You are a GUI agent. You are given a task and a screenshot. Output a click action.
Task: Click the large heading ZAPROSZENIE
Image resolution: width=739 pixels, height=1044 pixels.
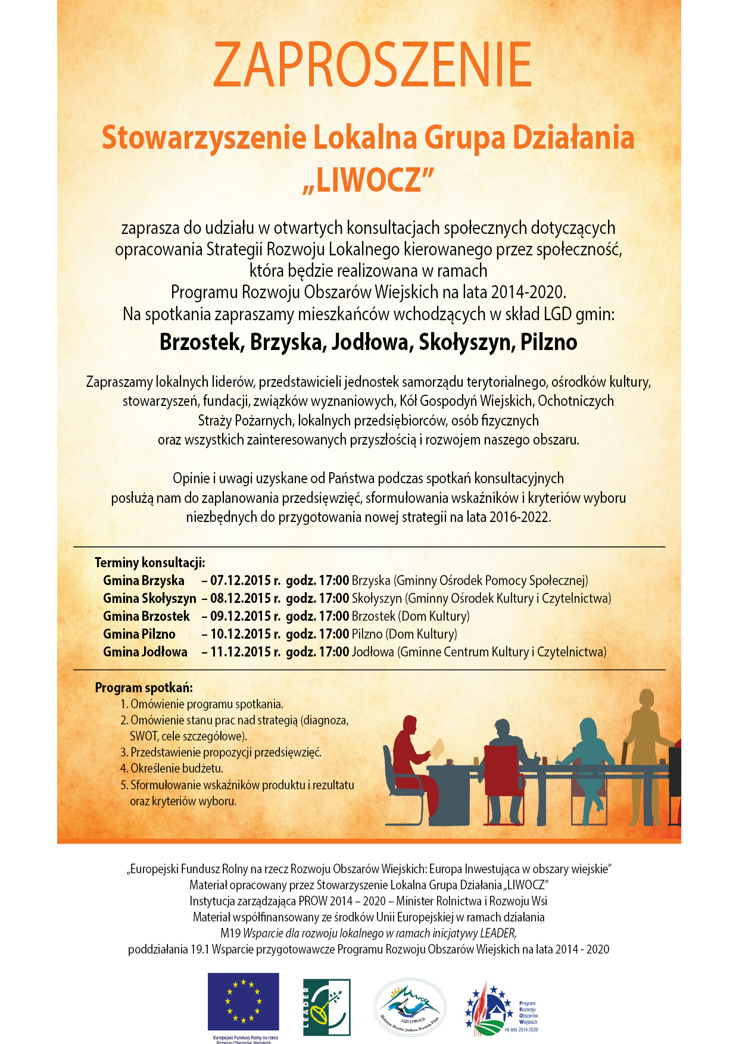372,65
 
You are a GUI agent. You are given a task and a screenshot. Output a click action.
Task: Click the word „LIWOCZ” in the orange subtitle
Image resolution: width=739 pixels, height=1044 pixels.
369,179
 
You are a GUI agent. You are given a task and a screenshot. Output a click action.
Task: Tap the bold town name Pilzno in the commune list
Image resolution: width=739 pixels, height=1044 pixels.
548,342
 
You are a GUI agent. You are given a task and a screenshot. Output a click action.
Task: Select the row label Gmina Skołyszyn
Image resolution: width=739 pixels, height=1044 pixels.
149,598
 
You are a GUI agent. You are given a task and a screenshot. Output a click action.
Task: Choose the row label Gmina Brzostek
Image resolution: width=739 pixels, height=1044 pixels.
146,616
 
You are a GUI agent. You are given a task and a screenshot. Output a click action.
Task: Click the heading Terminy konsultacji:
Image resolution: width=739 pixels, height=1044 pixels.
149,562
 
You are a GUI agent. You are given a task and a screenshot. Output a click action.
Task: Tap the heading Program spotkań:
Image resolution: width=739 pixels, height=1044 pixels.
144,687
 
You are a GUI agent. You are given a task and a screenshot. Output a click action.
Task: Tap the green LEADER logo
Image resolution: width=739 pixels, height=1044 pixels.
326,1007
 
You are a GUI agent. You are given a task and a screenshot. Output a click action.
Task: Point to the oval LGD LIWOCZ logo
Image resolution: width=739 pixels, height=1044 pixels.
410,1007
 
